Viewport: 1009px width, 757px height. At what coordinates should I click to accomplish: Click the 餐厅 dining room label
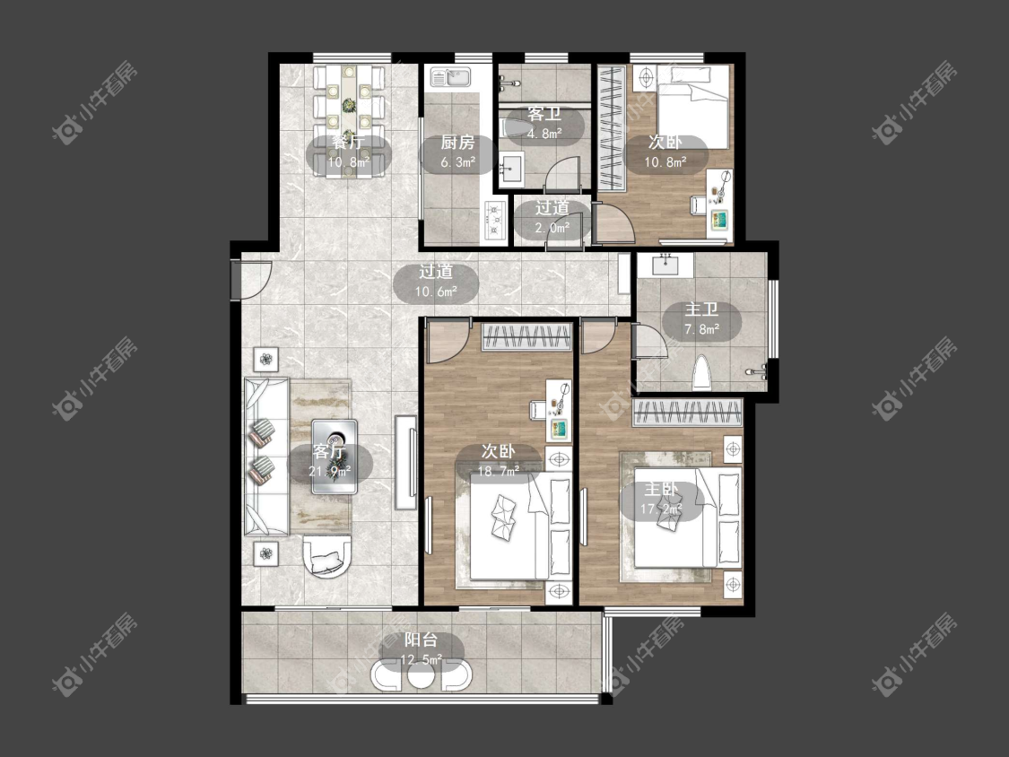click(348, 143)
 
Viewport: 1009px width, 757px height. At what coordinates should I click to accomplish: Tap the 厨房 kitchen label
click(457, 143)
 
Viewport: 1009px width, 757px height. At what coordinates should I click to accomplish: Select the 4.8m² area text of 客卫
click(544, 134)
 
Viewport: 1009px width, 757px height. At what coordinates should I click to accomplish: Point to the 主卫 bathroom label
click(701, 309)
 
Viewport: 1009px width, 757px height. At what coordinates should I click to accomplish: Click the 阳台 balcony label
click(421, 640)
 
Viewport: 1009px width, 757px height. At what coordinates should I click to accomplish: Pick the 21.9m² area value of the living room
click(329, 471)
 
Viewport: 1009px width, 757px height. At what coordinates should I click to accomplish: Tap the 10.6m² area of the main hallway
click(436, 291)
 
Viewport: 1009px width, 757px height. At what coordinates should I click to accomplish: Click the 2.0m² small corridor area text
click(552, 228)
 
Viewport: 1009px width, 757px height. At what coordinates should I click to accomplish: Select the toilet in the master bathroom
click(702, 373)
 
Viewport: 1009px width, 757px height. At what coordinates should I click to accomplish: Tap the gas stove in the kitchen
click(494, 219)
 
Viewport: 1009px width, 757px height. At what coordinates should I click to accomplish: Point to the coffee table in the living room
click(335, 457)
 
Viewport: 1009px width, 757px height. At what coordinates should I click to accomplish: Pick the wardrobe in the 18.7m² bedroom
click(526, 336)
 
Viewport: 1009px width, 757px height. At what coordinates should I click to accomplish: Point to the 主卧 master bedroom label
click(661, 490)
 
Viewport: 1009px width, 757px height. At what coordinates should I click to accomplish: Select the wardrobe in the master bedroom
click(687, 413)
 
